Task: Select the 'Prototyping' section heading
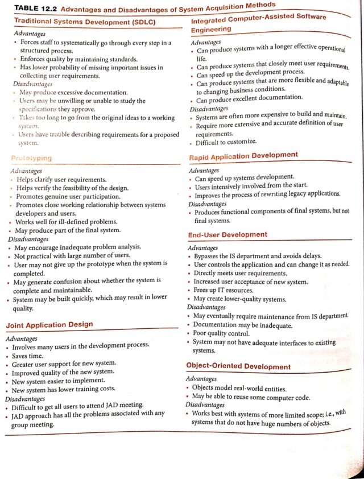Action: click(31, 158)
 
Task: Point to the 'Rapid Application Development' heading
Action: click(243, 155)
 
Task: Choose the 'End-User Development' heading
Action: click(227, 235)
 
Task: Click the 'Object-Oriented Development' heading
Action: click(238, 366)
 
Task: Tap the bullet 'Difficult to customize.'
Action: click(226, 142)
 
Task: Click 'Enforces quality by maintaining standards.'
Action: click(78, 59)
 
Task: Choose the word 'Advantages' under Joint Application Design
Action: click(21, 338)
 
